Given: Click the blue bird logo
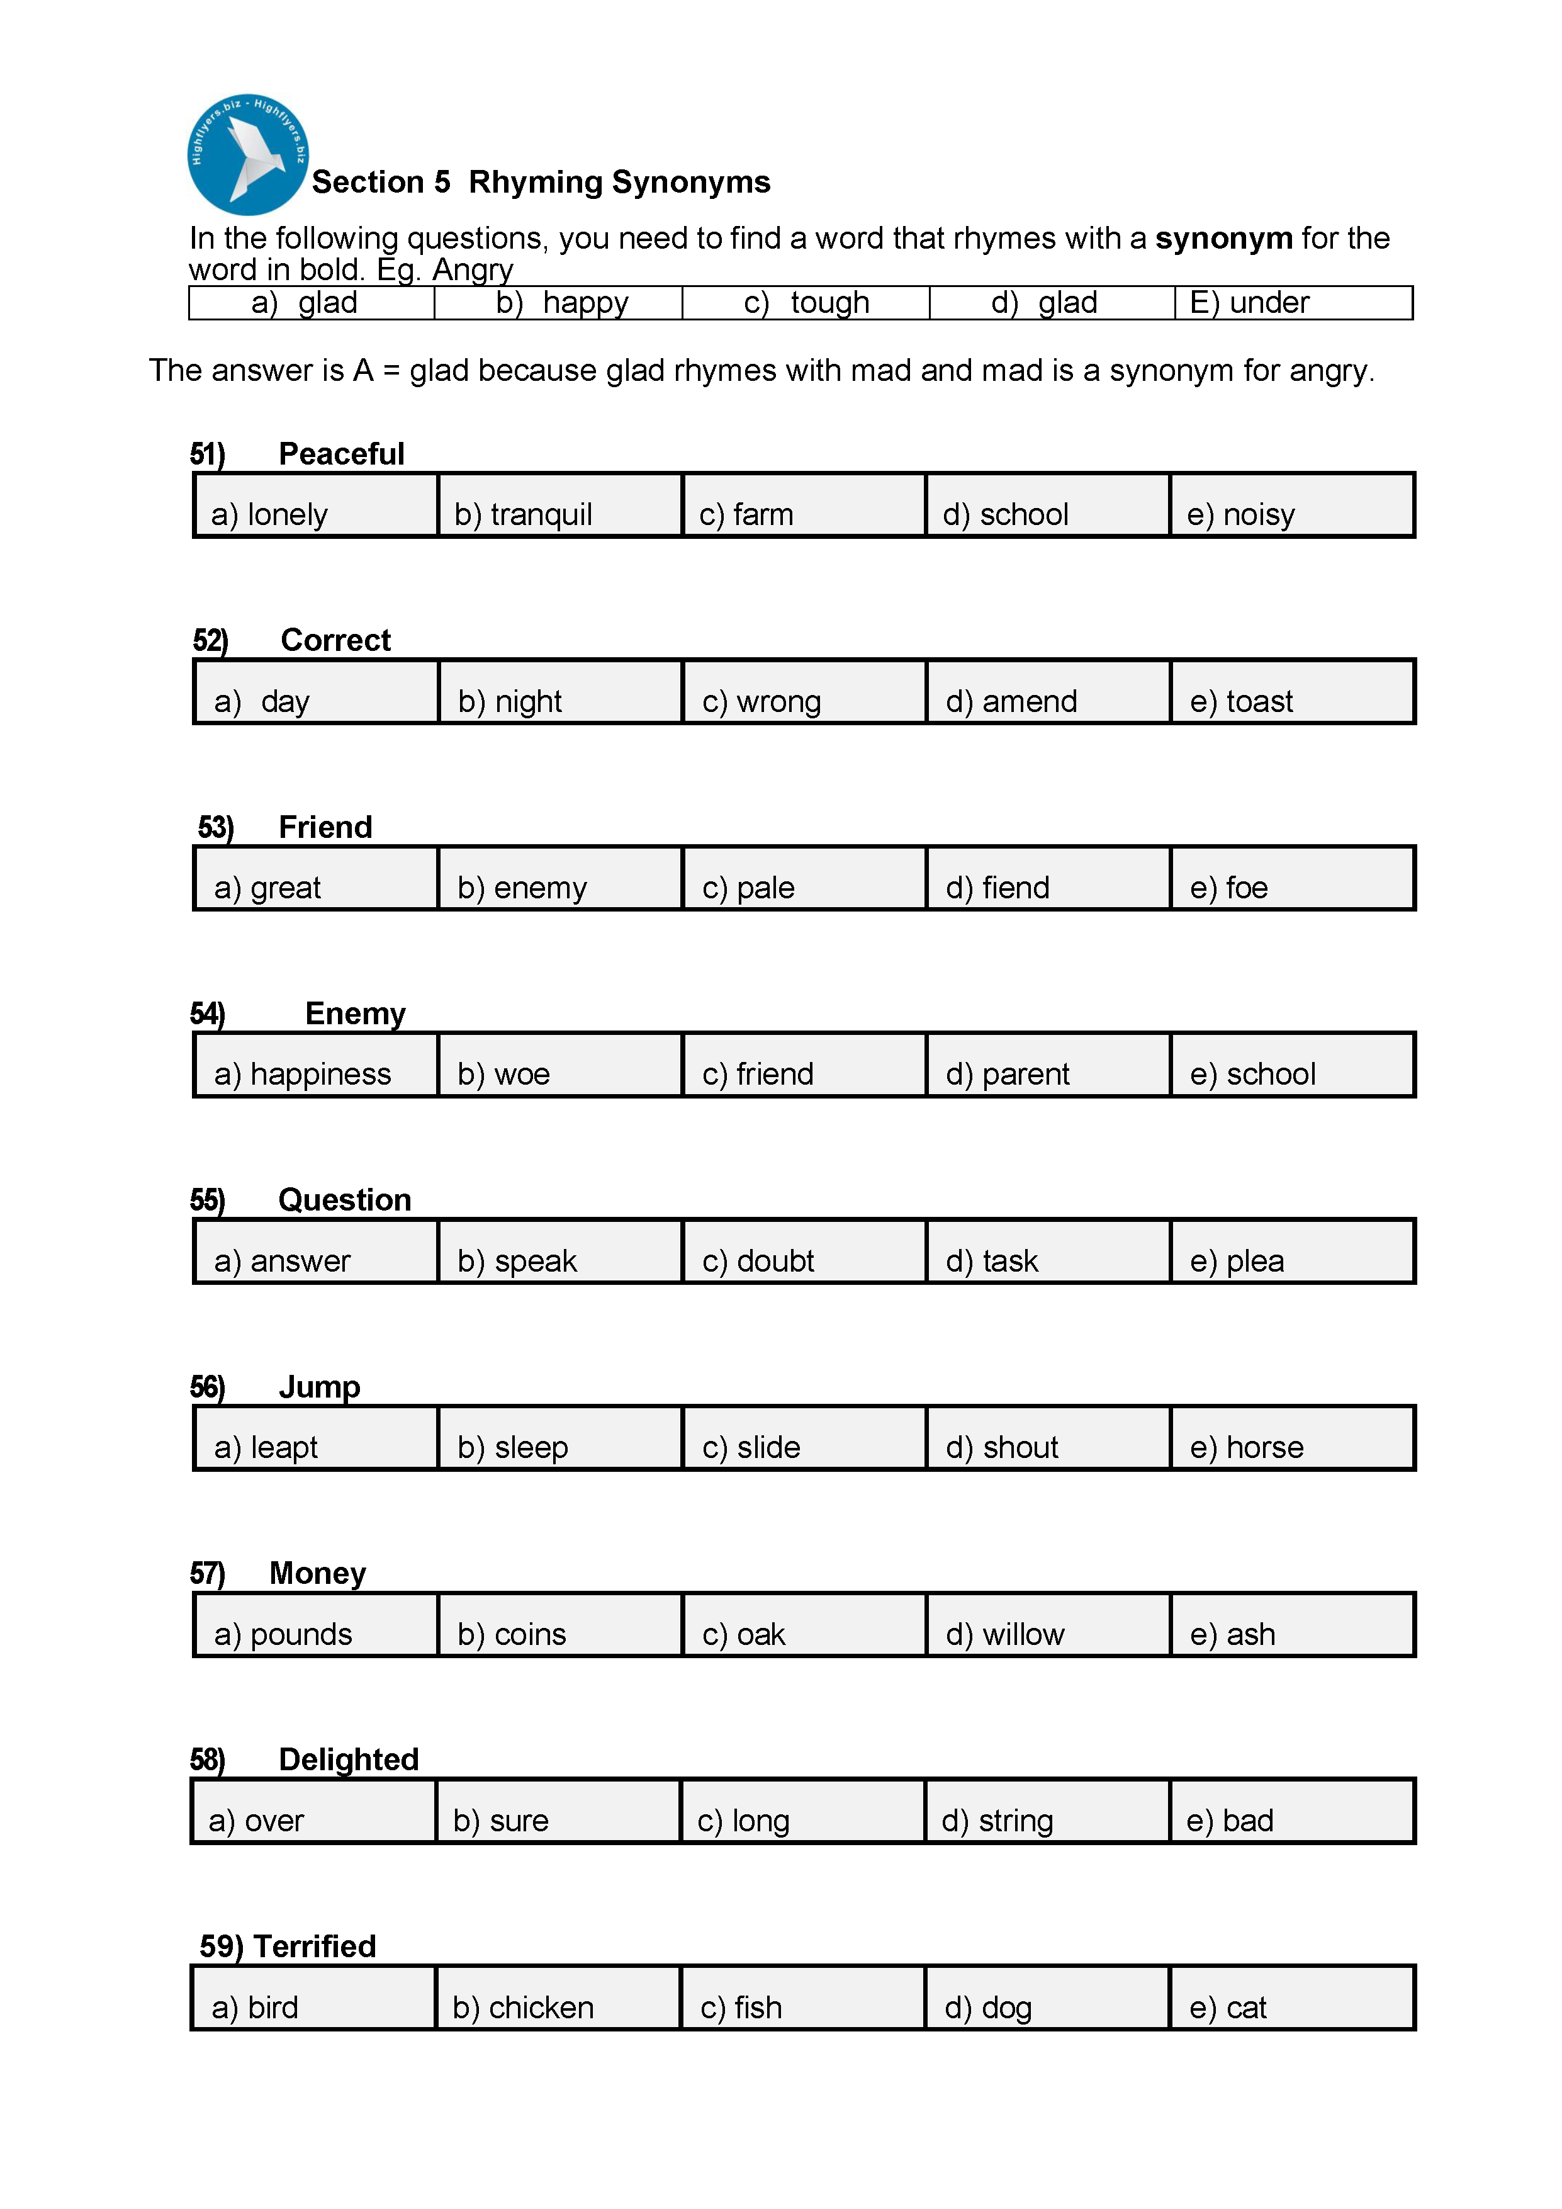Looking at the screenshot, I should tap(247, 154).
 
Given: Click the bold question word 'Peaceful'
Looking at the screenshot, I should tap(342, 453).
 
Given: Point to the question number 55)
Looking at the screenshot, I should tap(208, 1200).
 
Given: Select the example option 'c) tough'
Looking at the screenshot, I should tap(806, 302).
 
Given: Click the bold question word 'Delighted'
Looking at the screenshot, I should tap(348, 1759).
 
